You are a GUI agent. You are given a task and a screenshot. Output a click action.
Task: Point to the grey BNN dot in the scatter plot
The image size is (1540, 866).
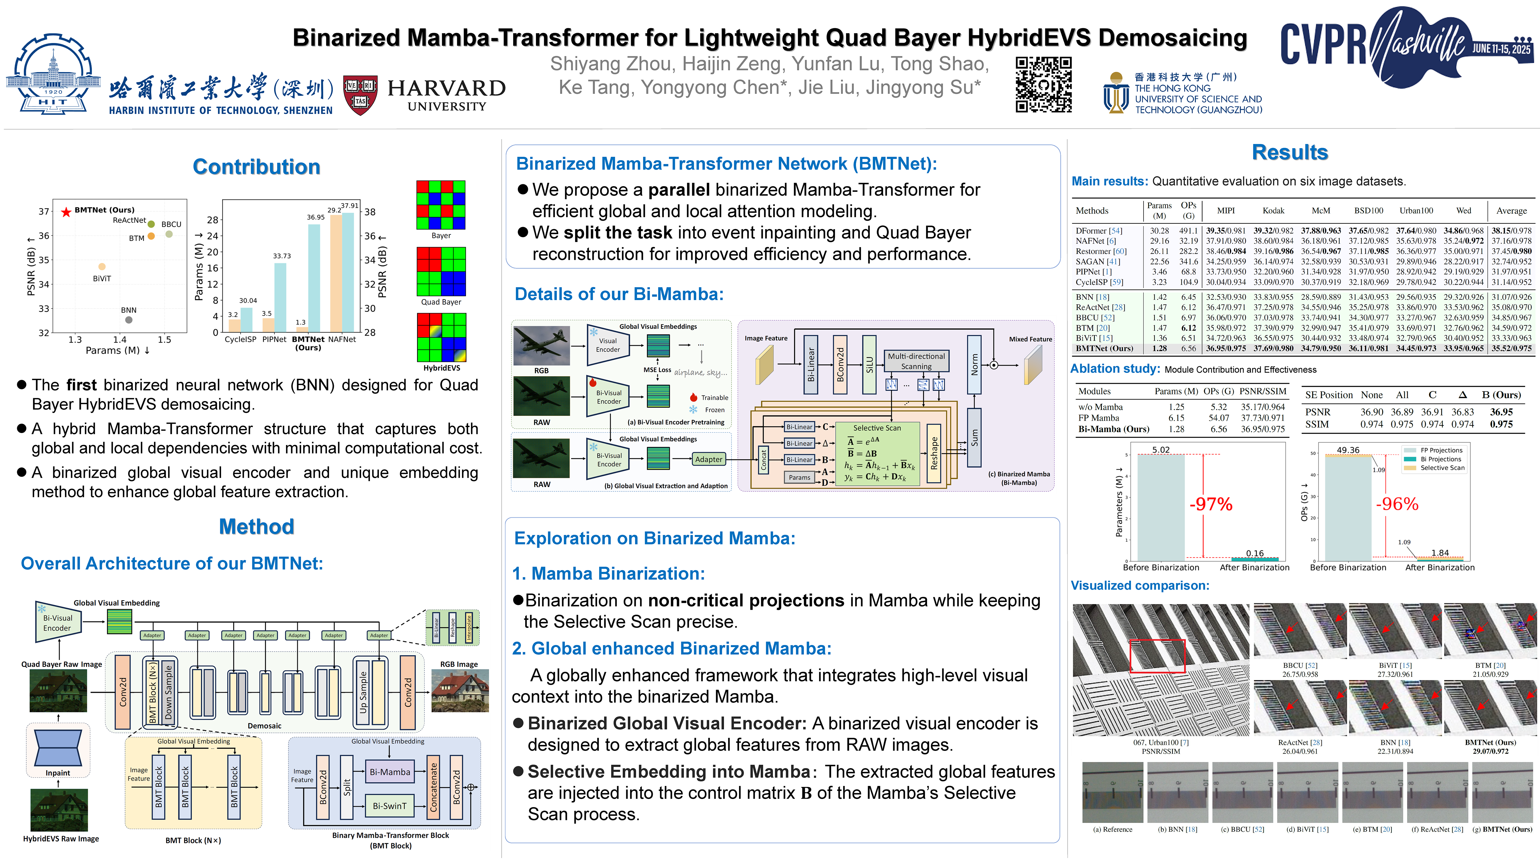[128, 320]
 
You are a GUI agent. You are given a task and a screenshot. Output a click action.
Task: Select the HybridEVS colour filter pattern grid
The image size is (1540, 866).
[441, 338]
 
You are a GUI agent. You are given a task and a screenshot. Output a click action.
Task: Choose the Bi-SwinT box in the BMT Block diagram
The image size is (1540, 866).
[390, 806]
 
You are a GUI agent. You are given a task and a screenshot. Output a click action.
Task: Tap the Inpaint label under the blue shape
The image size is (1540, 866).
[58, 773]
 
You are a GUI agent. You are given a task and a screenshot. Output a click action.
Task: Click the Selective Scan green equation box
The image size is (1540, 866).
[877, 454]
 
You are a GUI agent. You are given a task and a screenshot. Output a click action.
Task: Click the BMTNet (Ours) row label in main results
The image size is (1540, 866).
[1104, 349]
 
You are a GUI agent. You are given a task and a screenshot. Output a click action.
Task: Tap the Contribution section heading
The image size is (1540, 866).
[257, 167]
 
